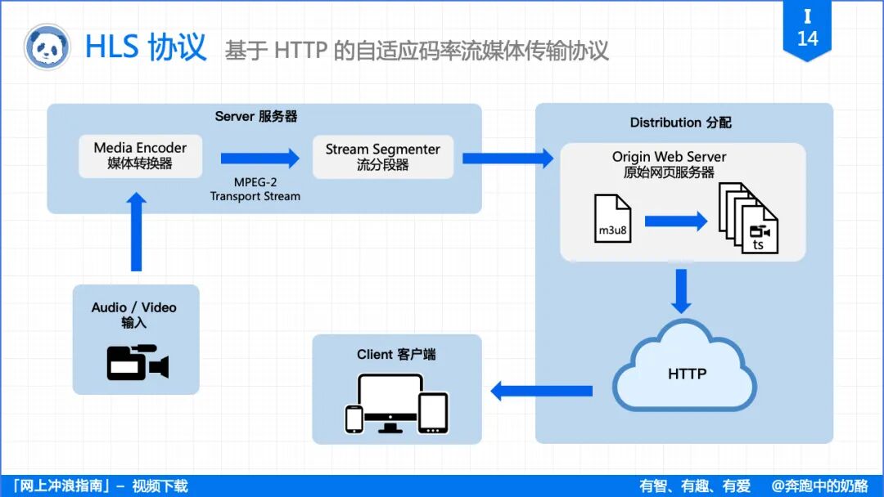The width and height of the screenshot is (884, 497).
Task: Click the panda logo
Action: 47,47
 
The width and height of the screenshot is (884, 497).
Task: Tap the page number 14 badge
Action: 807,29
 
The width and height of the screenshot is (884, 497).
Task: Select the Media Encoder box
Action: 140,155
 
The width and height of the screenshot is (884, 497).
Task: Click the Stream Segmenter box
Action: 382,156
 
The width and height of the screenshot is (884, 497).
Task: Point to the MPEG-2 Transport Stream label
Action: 255,190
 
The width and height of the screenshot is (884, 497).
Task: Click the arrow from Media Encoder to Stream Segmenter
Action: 260,158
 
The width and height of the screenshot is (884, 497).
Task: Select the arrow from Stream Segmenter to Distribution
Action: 507,158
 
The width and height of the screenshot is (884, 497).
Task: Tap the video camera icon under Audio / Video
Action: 137,363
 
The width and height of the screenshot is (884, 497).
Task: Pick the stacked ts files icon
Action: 748,218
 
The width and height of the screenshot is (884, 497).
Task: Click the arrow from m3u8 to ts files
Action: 675,221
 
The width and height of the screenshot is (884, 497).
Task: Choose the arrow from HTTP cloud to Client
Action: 541,391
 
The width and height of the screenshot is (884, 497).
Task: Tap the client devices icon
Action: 396,403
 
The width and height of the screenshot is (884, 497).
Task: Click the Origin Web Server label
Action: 669,157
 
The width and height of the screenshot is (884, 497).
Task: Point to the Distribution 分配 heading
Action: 680,123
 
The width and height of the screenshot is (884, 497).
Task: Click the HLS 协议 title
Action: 146,47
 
